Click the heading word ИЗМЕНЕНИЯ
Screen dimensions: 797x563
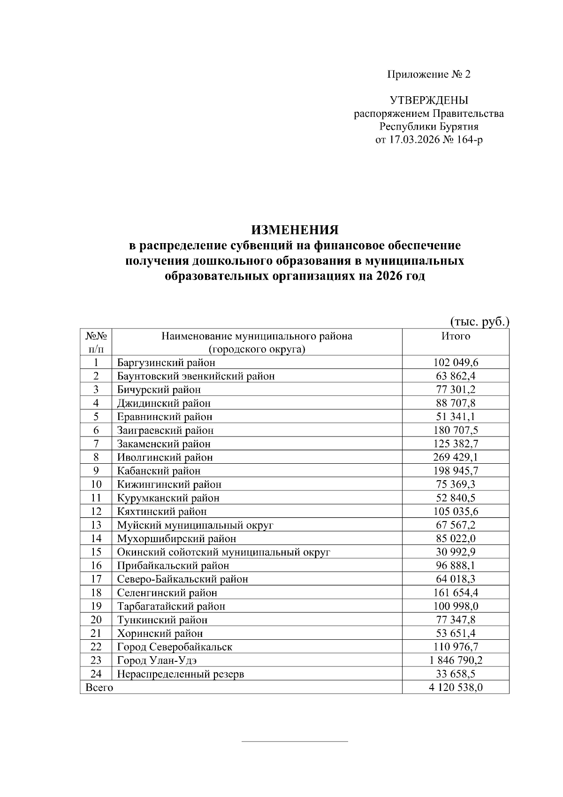tap(295, 230)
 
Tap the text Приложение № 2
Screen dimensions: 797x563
tap(428, 74)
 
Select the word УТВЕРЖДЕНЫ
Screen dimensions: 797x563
tap(429, 100)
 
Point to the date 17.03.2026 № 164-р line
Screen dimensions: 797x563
tap(429, 140)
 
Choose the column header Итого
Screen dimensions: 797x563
tap(455, 336)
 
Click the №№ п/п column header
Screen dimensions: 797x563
tap(96, 342)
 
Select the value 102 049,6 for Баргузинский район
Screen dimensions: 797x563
tap(455, 362)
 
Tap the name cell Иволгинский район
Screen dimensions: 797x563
tap(165, 457)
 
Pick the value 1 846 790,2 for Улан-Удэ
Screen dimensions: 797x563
tap(456, 660)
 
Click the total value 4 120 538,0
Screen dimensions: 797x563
tap(456, 688)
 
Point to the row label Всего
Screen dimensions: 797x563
tap(99, 688)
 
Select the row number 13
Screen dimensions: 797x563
tap(96, 525)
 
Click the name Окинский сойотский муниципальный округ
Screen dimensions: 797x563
tap(223, 552)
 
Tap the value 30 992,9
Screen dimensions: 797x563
tap(455, 552)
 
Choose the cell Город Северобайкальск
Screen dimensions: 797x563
tap(175, 647)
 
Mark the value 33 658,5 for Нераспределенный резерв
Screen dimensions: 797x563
tap(455, 674)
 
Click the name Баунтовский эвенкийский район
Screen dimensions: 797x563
tap(196, 376)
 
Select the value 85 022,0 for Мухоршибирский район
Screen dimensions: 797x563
tap(455, 538)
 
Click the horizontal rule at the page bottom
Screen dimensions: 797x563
tap(295, 742)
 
